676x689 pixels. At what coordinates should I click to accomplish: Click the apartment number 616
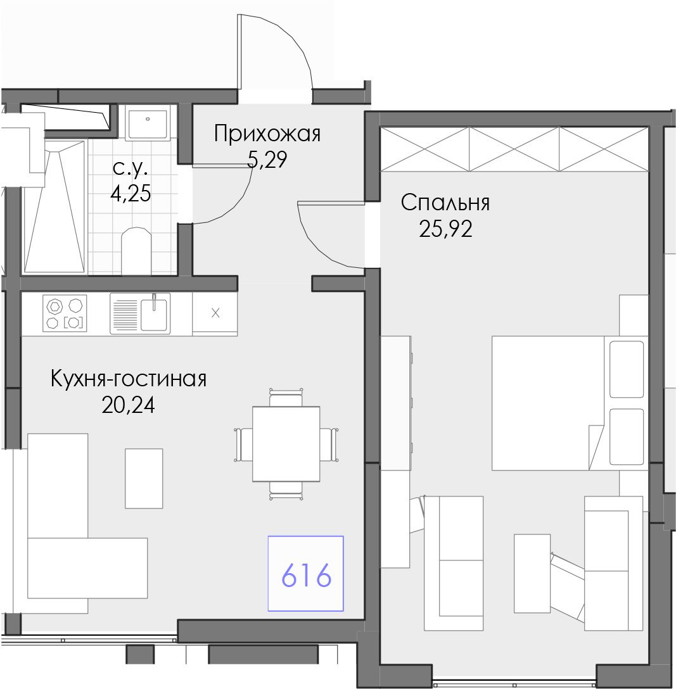(306, 575)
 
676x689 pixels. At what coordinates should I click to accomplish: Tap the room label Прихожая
(267, 134)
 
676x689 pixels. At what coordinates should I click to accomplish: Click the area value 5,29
(267, 160)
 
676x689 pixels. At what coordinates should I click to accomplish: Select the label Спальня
(445, 203)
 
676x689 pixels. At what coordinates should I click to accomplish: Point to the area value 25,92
(445, 229)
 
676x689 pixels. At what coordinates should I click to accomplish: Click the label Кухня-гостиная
(129, 379)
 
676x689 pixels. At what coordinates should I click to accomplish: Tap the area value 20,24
(129, 405)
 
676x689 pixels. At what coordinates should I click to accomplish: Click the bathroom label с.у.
(131, 168)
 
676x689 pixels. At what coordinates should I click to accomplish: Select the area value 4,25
(131, 193)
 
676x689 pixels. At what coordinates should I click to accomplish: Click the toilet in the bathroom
(136, 251)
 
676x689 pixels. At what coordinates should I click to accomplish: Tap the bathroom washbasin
(148, 123)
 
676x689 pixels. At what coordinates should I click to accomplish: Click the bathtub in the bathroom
(54, 206)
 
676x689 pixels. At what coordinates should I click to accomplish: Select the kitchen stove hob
(65, 313)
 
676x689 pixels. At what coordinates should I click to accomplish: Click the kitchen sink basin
(154, 313)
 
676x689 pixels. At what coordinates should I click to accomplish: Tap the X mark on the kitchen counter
(215, 313)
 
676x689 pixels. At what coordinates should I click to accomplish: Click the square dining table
(286, 444)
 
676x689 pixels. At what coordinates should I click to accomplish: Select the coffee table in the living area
(144, 479)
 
